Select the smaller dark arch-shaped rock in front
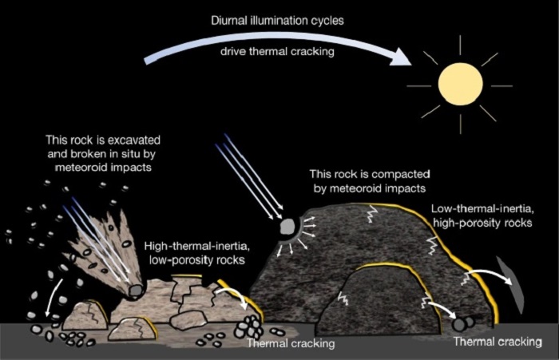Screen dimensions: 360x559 click(x=375, y=301)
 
